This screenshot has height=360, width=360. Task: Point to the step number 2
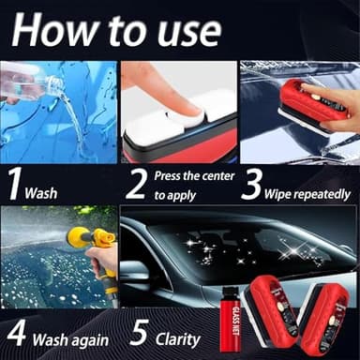tap(137, 183)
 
